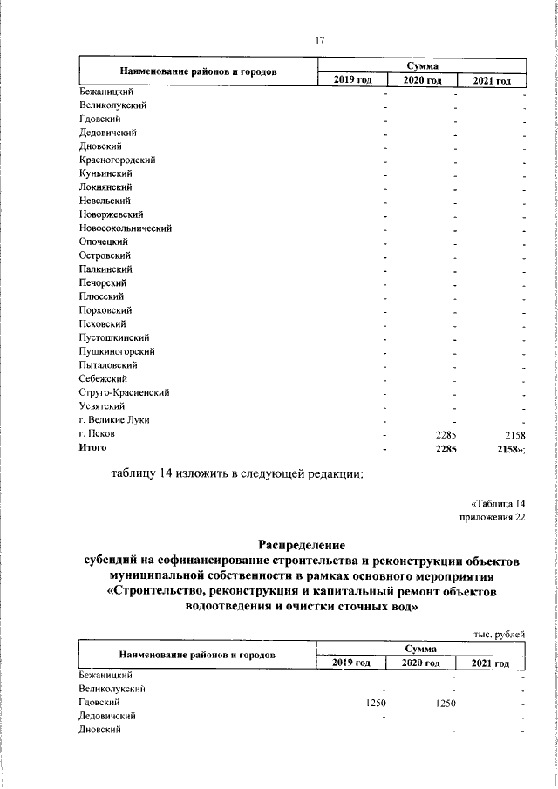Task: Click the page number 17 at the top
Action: [x=319, y=39]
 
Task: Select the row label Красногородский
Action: [x=117, y=160]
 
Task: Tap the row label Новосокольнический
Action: [x=125, y=228]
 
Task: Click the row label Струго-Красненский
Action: [x=123, y=392]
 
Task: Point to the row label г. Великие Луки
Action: [x=113, y=420]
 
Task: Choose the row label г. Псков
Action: [x=97, y=433]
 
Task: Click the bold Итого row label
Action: [x=92, y=447]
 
